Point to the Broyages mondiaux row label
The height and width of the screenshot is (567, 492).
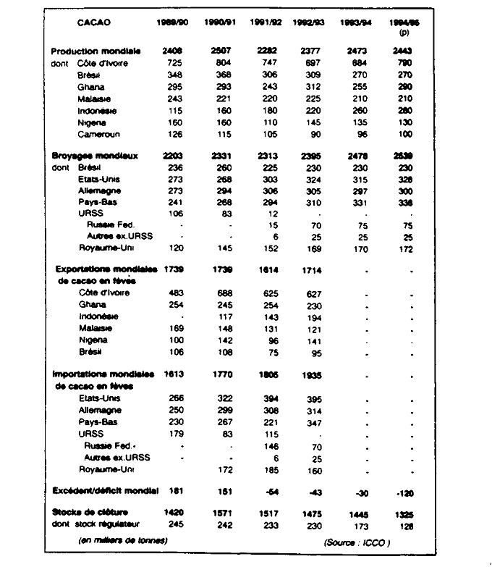tap(95, 156)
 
